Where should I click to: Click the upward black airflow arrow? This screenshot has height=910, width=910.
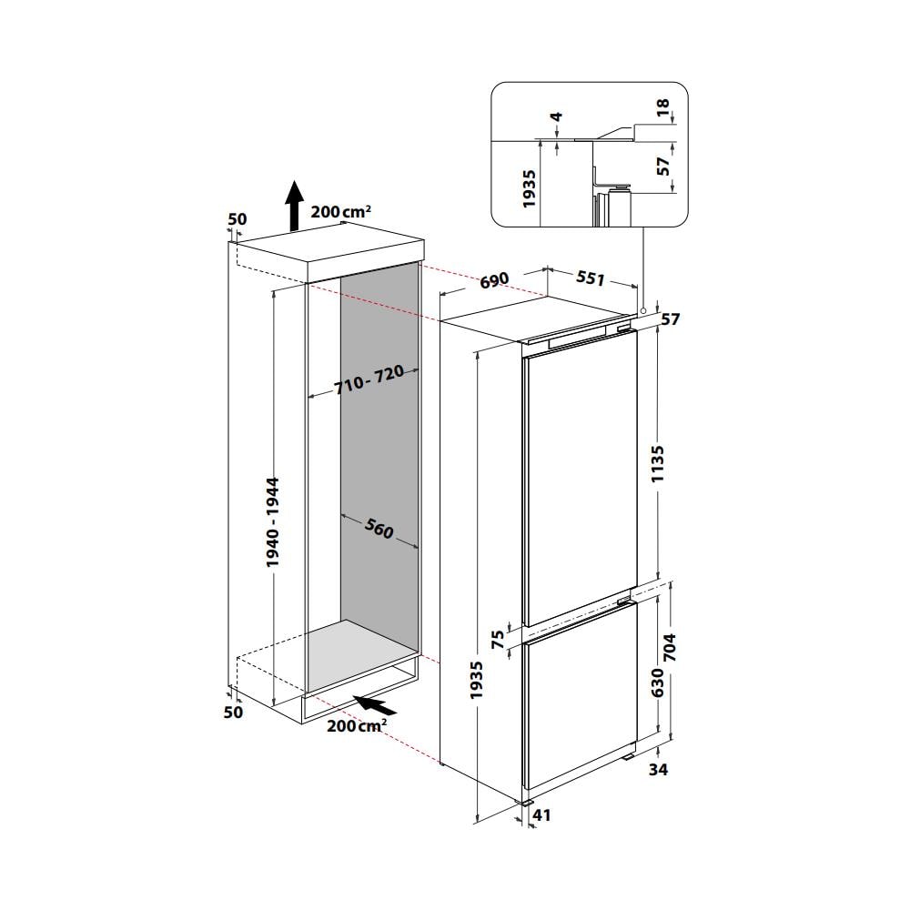[x=293, y=206]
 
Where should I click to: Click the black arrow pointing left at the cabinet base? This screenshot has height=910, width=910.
[x=375, y=704]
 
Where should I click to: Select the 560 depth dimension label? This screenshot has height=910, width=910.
[x=379, y=529]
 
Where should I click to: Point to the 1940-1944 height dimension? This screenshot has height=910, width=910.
[x=274, y=522]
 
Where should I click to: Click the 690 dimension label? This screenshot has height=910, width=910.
[x=493, y=280]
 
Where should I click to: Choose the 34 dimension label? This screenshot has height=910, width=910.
[x=659, y=771]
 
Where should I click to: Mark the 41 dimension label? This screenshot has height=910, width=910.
[x=541, y=816]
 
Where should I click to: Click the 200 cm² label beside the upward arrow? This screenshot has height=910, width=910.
[x=340, y=211]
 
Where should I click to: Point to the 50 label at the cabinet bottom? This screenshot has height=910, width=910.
[x=234, y=712]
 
